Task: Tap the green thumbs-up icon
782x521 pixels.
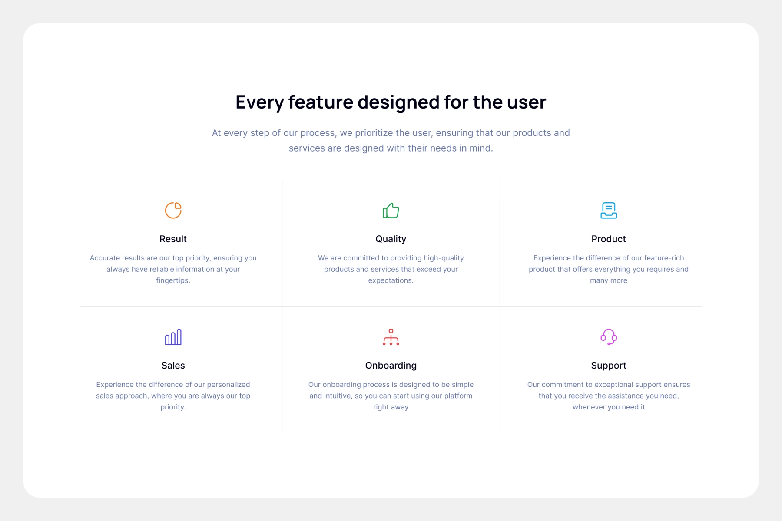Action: (391, 211)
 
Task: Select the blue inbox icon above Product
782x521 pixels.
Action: (609, 211)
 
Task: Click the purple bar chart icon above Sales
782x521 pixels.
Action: (173, 337)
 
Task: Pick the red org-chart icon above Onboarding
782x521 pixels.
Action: (391, 337)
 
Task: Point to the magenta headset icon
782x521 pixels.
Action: (603, 337)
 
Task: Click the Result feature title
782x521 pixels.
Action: (173, 239)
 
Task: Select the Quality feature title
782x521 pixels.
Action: (391, 239)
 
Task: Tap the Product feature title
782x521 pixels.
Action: (609, 239)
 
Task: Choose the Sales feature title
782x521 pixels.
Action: (173, 366)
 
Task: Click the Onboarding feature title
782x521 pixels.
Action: (391, 366)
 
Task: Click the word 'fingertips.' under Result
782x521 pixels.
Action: (173, 281)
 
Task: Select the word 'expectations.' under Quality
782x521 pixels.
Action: (391, 281)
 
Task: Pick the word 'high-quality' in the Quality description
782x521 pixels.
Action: (444, 258)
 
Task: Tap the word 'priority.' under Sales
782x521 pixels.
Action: (173, 407)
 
